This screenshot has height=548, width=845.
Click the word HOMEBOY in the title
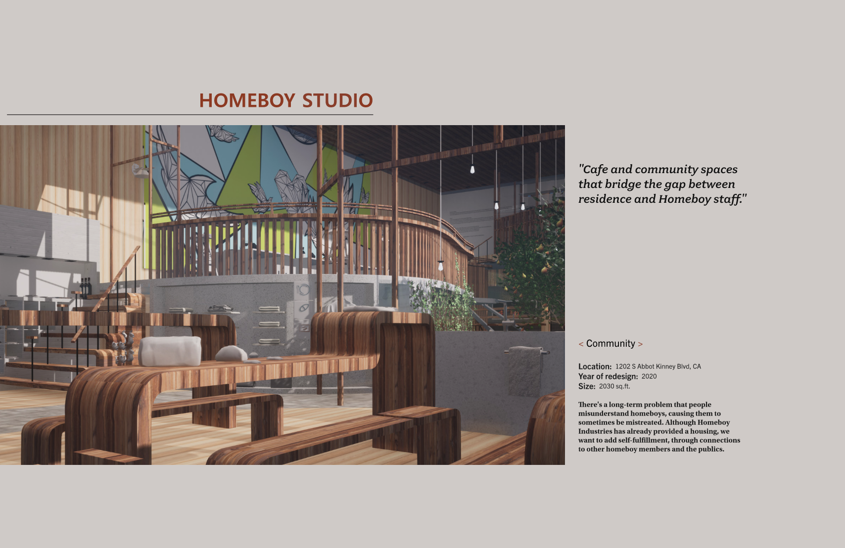coord(247,100)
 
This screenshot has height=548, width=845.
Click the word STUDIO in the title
coord(337,100)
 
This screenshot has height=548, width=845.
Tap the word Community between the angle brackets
coord(610,344)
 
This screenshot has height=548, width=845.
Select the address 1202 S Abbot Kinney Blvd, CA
coord(658,366)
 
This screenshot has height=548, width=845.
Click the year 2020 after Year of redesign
coord(649,376)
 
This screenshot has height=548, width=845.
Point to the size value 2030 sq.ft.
coord(614,386)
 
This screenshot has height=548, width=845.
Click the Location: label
coord(595,366)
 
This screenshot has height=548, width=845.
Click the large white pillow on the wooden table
coord(170,351)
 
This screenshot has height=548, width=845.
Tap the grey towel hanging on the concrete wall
coord(525,371)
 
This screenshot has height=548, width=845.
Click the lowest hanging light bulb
coord(441,266)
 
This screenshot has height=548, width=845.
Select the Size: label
coord(587,386)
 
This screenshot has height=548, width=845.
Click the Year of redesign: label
coord(608,376)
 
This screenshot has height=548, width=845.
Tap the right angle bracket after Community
coord(640,344)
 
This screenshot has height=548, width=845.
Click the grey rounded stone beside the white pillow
coord(231,353)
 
